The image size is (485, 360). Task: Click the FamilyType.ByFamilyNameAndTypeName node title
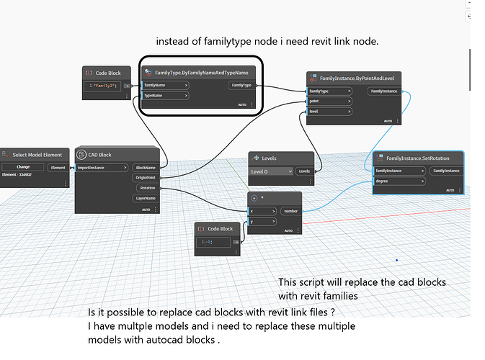click(x=202, y=73)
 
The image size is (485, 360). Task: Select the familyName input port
click(x=166, y=85)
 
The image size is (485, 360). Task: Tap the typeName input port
click(x=164, y=95)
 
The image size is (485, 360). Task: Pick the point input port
click(x=329, y=102)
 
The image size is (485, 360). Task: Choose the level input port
click(x=329, y=112)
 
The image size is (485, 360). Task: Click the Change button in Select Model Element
click(x=23, y=166)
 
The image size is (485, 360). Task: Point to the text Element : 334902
click(x=22, y=174)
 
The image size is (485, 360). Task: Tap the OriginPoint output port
click(x=146, y=177)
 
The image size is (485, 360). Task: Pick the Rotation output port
click(x=147, y=188)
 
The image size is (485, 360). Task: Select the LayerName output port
click(x=146, y=198)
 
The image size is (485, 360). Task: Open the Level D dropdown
click(x=271, y=171)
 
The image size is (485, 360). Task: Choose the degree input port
click(x=399, y=181)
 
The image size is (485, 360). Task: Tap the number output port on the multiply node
click(x=291, y=211)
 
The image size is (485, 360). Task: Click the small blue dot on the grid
click(x=396, y=260)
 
